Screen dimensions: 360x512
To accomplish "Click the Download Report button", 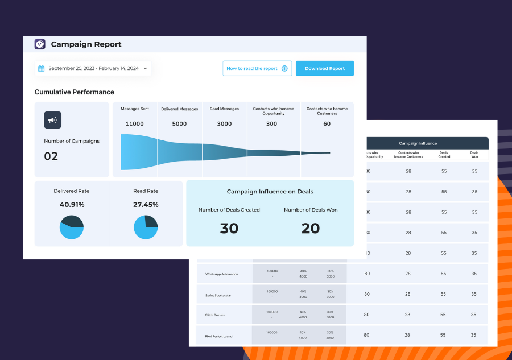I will tap(324, 68).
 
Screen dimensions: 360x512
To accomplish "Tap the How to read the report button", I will tap(257, 68).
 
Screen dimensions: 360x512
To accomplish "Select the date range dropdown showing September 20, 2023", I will tap(93, 68).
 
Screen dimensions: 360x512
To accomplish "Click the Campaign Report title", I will tap(86, 44).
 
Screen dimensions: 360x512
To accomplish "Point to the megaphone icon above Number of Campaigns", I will tap(53, 120).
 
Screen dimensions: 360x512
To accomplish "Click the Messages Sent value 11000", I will tap(134, 123).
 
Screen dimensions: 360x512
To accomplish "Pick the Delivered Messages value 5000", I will tap(179, 123).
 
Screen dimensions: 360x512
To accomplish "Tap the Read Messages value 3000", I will tap(224, 123).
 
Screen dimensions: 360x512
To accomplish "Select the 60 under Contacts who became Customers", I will tap(327, 123).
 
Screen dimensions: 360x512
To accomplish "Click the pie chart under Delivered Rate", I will tap(72, 227).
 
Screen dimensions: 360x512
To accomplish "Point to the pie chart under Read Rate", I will tap(146, 227).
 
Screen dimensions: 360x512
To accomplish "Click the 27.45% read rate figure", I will tap(146, 205).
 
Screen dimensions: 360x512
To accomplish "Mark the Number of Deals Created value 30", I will tap(229, 228).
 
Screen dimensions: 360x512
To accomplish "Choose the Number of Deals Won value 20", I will tap(311, 228).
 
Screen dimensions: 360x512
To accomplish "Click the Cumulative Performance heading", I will tap(74, 92).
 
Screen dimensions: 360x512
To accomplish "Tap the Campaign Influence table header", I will tap(418, 143).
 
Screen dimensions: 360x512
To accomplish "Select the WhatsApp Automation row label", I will tap(221, 274).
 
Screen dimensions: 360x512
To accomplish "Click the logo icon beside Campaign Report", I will tap(40, 44).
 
